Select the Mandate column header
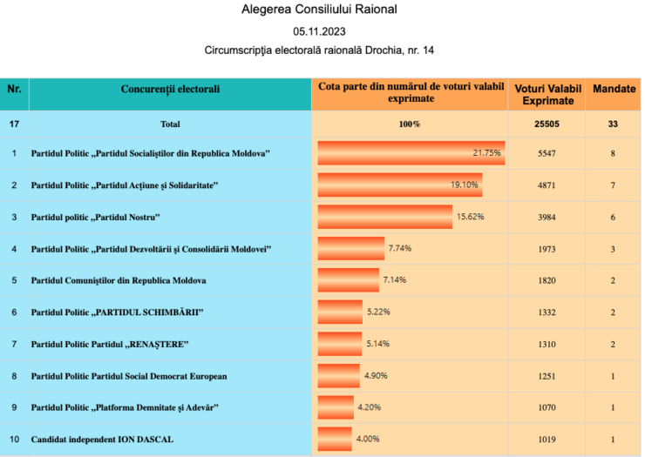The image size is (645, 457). tap(614, 90)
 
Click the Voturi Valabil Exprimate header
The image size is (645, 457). tap(547, 95)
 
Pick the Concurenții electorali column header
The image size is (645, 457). tap(170, 90)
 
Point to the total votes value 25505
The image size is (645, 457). tap(547, 124)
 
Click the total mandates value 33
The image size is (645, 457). tap(614, 124)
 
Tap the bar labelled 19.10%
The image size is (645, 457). tap(399, 185)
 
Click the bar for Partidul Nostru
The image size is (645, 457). tap(385, 217)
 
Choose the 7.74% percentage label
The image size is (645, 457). tap(400, 248)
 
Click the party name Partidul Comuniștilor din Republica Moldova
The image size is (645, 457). tap(119, 281)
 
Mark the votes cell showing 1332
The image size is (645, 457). tap(547, 313)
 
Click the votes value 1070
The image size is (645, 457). tap(547, 407)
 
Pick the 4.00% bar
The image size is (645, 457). tap(335, 439)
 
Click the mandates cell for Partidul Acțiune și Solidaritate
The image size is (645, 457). tap(614, 185)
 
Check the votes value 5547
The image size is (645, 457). tap(547, 153)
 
